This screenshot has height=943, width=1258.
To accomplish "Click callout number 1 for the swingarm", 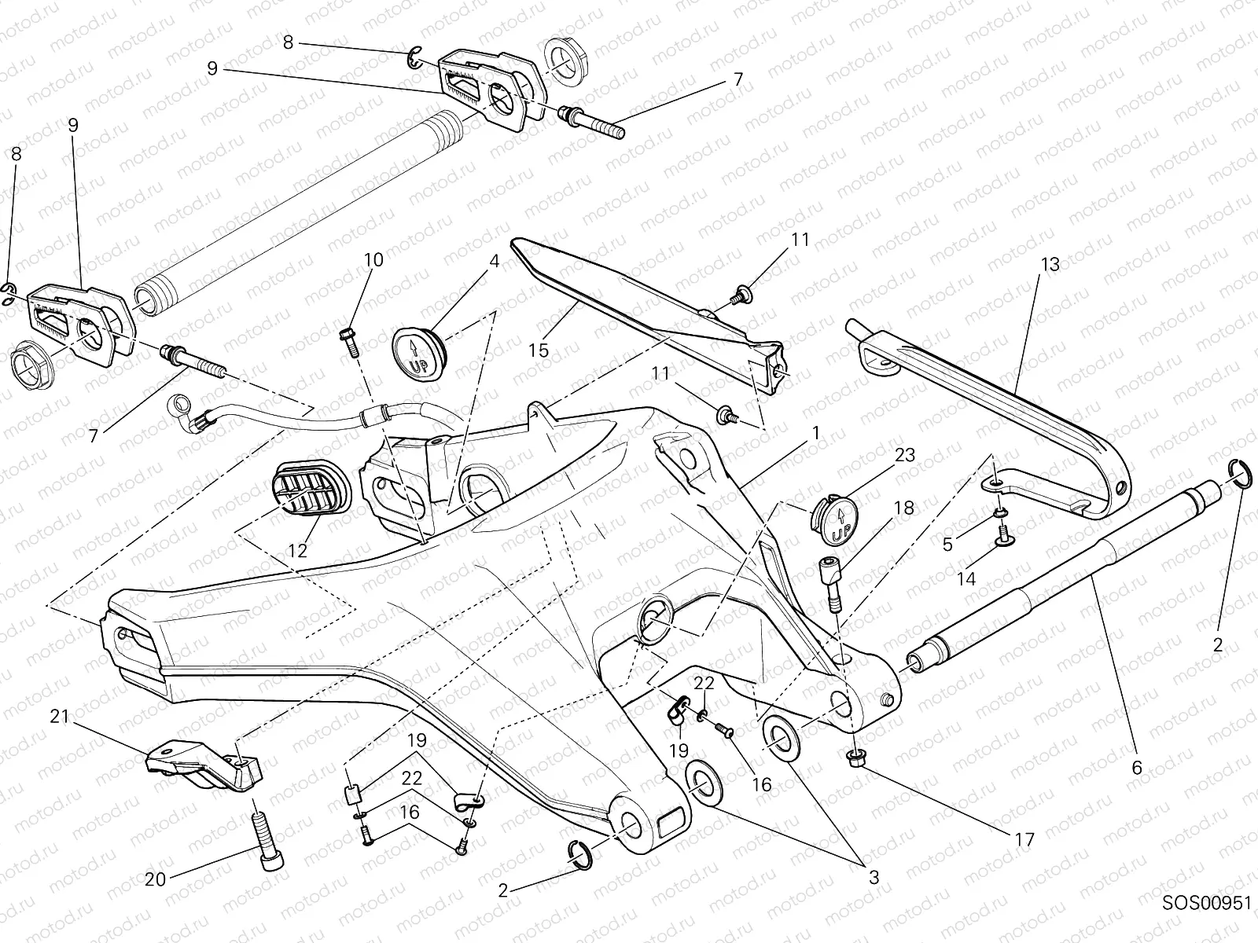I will [816, 433].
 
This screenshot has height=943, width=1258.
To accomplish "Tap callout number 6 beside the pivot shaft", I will [1136, 768].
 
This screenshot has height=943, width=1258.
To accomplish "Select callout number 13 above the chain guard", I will [1051, 266].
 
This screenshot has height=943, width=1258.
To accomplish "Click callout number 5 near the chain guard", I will [947, 543].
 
